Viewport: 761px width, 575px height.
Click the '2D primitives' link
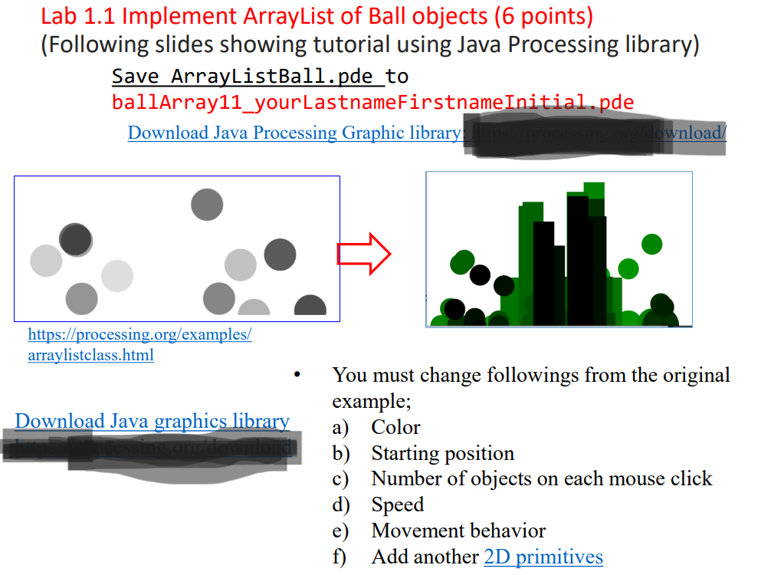tap(543, 557)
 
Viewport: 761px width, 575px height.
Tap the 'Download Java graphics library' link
tap(152, 421)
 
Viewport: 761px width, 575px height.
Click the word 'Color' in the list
tap(395, 427)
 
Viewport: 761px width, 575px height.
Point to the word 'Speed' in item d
tap(397, 505)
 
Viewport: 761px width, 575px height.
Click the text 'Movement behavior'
tap(458, 531)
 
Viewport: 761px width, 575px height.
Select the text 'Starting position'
tap(442, 453)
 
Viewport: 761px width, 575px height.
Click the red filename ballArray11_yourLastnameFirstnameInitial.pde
tap(372, 102)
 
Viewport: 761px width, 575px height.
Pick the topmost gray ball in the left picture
tap(207, 205)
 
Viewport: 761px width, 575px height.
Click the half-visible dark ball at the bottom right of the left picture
tap(310, 307)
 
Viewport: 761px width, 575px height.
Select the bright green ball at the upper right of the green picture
tap(651, 244)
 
